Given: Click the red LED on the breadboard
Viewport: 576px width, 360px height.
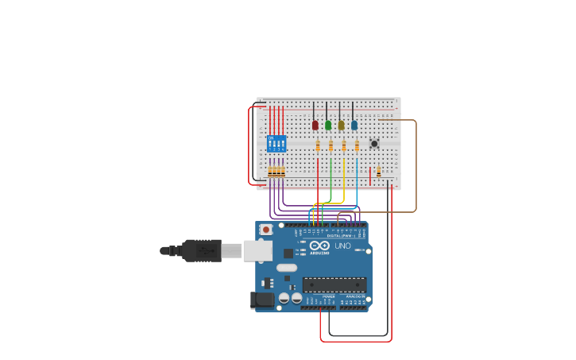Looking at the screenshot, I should coord(315,125).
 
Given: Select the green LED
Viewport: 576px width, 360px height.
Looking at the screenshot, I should coord(328,125).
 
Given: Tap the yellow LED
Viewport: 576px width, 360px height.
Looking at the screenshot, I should coord(341,125).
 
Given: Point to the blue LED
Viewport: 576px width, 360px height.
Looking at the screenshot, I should coord(354,125).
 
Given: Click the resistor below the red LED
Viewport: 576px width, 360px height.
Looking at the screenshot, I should coord(318,146).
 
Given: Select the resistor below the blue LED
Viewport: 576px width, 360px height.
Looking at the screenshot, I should coord(357,146).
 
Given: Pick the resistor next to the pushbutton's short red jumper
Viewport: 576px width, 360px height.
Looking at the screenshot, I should coord(379,171).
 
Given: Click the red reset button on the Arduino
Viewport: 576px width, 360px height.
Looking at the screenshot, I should coord(265,229).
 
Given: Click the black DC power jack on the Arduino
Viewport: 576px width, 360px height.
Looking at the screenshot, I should coord(261,300).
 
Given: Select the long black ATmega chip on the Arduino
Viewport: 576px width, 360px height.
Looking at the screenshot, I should coord(334,285).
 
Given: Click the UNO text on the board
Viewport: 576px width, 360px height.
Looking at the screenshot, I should coord(342,246).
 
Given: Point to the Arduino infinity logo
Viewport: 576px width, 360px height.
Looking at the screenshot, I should coord(319,246).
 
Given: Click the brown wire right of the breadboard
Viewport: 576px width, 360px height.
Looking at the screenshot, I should coord(416,167).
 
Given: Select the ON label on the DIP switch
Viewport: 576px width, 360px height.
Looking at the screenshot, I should coord(272,138).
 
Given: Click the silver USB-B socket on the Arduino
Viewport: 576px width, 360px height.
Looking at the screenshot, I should coord(257,250).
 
